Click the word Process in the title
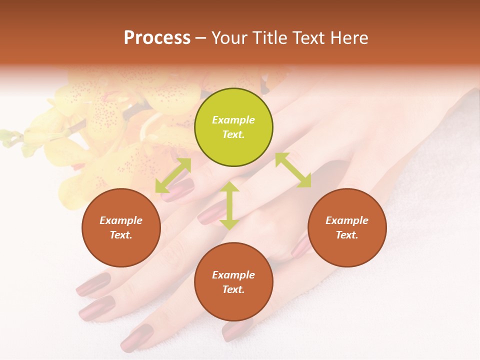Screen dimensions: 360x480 (157, 38)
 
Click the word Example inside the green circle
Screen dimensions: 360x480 (233, 120)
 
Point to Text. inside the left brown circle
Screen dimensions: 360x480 (121, 235)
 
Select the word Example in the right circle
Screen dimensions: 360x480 (347, 220)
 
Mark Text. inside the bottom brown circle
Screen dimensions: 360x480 (233, 289)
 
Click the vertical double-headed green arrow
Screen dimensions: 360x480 (229, 206)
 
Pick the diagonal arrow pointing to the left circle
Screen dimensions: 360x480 (173, 175)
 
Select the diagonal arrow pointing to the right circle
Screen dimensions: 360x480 (293, 170)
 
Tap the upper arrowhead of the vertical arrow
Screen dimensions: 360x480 (229, 187)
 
